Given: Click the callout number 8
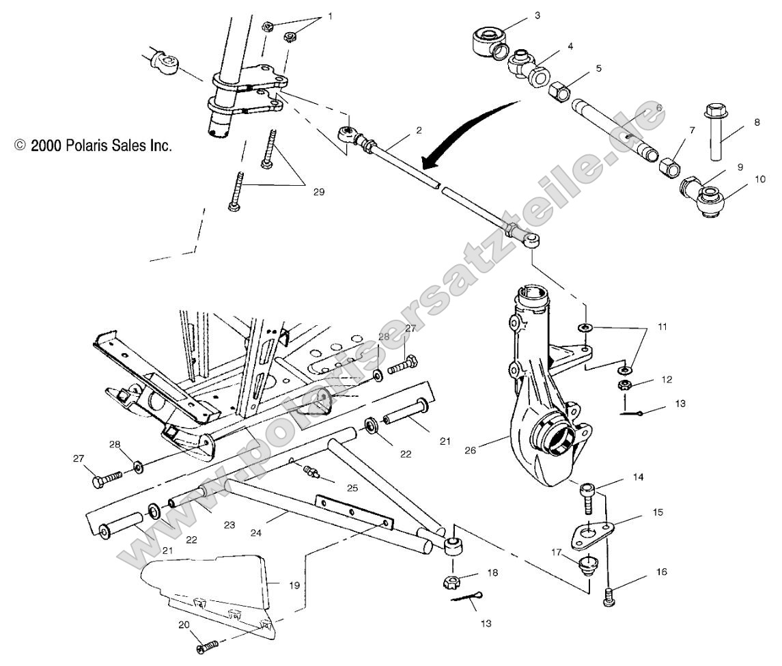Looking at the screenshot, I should [737, 123].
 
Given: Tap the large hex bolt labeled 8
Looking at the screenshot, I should [714, 133].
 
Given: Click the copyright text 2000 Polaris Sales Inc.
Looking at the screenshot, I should [93, 145].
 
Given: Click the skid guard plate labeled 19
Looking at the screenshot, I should [212, 587].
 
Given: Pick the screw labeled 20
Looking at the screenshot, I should [207, 646].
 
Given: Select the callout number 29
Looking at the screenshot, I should [318, 192].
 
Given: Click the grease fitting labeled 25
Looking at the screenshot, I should [313, 472].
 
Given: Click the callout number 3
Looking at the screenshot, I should [537, 14].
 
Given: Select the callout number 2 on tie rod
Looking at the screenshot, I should [419, 130].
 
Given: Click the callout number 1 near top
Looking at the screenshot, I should [331, 16].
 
